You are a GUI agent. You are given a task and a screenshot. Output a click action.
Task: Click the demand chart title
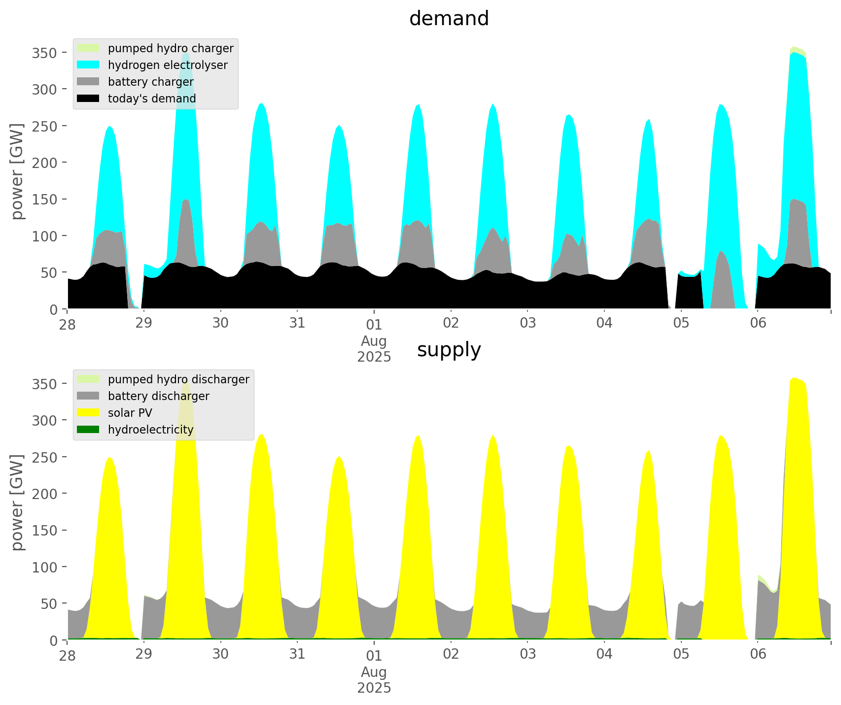449,19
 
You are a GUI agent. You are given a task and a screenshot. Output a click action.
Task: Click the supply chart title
449,350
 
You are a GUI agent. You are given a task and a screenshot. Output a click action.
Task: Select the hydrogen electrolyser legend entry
168,65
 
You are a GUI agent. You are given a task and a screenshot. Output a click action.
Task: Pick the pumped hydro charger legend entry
171,48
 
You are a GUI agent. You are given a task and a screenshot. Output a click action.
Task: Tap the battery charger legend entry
150,82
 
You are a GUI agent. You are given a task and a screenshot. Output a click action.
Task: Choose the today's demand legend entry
152,99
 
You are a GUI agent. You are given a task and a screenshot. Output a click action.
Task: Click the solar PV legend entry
130,413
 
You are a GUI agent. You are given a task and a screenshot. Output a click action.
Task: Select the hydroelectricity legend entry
150,430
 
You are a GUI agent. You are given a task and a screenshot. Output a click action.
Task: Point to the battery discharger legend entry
158,396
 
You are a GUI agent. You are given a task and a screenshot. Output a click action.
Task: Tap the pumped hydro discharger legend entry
178,379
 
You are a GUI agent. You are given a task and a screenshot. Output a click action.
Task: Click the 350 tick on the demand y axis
44,53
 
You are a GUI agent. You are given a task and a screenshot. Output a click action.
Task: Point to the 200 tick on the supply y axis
44,494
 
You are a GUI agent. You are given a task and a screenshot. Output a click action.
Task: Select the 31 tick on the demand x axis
297,324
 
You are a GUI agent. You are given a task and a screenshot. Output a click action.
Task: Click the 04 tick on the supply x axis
604,655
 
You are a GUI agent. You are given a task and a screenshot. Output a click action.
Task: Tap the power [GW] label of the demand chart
18,171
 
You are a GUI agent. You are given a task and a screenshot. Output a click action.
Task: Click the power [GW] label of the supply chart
18,503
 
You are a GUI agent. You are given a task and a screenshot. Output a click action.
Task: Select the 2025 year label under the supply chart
374,688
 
